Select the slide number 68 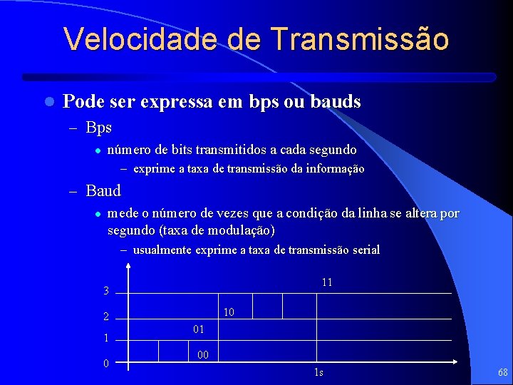(x=502, y=372)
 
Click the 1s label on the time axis (x=318, y=373)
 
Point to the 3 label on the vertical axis (x=106, y=291)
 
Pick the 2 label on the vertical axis (x=106, y=317)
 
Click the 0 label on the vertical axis (x=106, y=364)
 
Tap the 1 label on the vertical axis (x=106, y=339)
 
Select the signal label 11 (x=327, y=282)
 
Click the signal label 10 (x=229, y=312)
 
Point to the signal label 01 (x=198, y=329)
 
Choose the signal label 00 (x=202, y=354)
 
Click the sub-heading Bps (x=99, y=128)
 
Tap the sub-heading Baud (x=103, y=190)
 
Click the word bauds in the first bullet (x=336, y=102)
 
